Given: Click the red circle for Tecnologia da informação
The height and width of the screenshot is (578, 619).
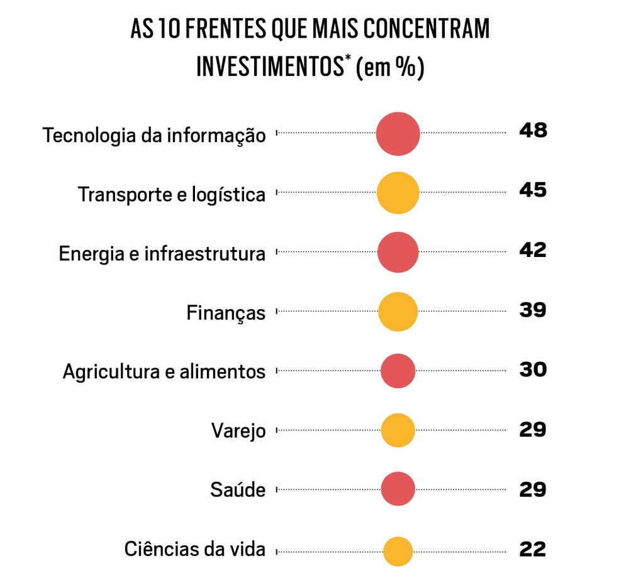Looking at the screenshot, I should click(398, 134).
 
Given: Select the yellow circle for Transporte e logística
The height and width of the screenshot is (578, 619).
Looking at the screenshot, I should click(398, 193).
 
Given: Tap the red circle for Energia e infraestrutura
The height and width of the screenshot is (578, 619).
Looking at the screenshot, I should click(398, 252).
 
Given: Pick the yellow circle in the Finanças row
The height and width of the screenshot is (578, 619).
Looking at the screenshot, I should click(398, 311).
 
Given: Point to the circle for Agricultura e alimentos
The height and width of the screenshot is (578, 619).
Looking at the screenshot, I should click(398, 371).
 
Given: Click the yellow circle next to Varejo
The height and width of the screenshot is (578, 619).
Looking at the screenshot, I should click(398, 430).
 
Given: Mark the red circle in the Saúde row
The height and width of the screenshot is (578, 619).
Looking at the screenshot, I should click(398, 489).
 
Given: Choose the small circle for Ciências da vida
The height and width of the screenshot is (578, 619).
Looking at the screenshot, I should click(398, 551).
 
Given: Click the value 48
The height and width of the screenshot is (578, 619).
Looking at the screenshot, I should click(533, 131).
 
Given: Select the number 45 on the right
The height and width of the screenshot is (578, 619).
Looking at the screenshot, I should click(533, 190).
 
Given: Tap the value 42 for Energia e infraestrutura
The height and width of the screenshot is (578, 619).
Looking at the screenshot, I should click(533, 250).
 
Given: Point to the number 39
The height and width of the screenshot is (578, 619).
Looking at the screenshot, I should click(533, 310).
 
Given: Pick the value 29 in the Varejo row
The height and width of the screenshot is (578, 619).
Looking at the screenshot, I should click(533, 430).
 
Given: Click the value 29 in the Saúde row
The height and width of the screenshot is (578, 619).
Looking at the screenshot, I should click(533, 489).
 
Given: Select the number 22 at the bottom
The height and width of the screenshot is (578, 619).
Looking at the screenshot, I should click(533, 550).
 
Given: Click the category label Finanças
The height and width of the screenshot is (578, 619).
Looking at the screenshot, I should click(226, 312).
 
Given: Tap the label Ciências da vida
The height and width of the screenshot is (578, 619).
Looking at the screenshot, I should click(195, 549).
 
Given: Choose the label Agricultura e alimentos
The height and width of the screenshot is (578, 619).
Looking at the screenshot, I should click(164, 371).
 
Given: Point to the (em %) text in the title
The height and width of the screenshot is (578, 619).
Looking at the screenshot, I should click(390, 68).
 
